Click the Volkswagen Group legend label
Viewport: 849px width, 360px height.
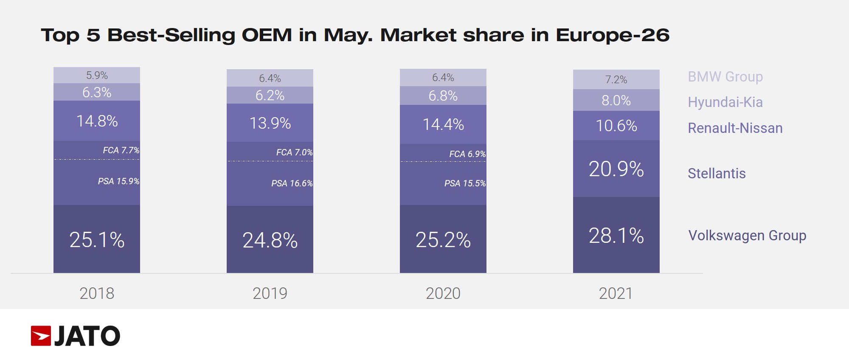(747, 235)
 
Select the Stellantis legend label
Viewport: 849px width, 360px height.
(717, 173)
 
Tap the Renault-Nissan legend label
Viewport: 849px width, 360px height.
(735, 128)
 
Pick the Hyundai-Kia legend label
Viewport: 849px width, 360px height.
(725, 102)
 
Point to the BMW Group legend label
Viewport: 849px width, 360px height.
(725, 77)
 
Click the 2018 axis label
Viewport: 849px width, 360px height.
(97, 293)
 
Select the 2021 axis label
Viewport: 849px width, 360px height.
(616, 293)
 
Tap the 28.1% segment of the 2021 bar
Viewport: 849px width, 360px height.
(616, 236)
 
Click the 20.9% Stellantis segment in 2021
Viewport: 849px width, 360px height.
(616, 169)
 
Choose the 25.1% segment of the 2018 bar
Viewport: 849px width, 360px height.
(97, 240)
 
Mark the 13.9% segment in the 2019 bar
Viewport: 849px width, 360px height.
(270, 123)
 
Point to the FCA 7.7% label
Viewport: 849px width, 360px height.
(121, 150)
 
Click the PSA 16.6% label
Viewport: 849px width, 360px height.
(292, 183)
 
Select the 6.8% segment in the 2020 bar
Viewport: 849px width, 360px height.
(443, 96)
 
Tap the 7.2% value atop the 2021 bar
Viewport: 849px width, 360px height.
(616, 80)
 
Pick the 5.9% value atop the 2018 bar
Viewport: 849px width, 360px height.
(97, 76)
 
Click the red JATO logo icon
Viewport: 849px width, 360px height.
(41, 336)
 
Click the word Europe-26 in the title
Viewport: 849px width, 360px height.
(613, 35)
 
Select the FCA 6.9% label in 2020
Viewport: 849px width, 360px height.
(467, 154)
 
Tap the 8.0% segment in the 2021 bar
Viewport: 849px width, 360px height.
(616, 101)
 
